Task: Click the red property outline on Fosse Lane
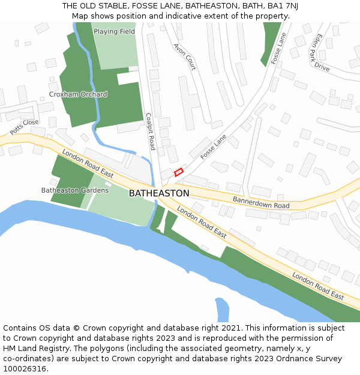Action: point(178,172)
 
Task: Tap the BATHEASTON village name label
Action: point(159,193)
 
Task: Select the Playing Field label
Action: point(114,31)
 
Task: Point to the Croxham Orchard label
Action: point(78,94)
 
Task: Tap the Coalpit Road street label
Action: point(151,131)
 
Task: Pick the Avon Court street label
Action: point(184,56)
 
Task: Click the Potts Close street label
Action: point(24,127)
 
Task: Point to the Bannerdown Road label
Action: point(261,202)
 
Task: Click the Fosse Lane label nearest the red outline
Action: point(213,146)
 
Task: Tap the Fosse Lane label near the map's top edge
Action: point(279,49)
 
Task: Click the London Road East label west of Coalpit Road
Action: point(88,164)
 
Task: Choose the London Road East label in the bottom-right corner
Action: point(318,286)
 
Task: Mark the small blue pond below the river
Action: point(222,310)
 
